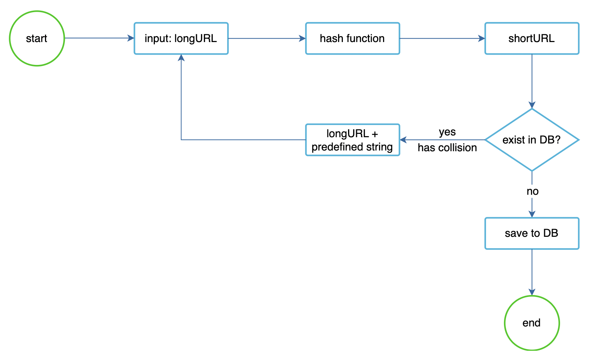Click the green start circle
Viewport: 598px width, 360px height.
[37, 38]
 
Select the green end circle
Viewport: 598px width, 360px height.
[532, 323]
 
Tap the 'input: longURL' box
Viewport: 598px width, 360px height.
[181, 38]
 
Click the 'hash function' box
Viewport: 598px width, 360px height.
[352, 38]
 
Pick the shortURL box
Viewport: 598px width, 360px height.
[532, 38]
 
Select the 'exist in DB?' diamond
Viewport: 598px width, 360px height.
[532, 140]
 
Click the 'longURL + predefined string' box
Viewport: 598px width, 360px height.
[352, 140]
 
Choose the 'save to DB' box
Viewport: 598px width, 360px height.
[532, 233]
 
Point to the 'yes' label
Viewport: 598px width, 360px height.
[447, 132]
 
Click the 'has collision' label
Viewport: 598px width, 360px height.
[447, 148]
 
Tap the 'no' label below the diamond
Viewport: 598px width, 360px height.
[532, 191]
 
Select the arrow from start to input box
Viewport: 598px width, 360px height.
[99, 38]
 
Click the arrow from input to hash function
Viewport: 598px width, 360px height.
[267, 38]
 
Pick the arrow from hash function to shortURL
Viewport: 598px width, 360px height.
[442, 38]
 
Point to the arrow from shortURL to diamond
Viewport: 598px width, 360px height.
[532, 81]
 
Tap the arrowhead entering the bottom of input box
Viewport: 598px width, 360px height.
[181, 58]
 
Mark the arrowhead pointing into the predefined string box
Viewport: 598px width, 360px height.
[403, 140]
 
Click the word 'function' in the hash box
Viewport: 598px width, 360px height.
[367, 38]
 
